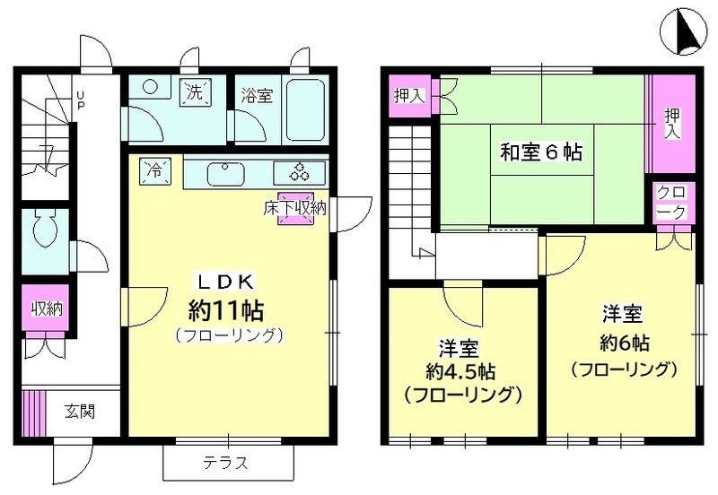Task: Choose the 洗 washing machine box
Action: (x=195, y=91)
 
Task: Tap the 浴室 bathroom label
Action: (x=257, y=96)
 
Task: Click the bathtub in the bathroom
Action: (x=306, y=110)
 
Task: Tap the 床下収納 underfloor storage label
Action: (x=294, y=208)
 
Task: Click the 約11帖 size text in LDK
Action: (x=225, y=310)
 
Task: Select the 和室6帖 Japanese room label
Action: (x=540, y=152)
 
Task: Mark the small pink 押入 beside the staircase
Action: (x=408, y=94)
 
